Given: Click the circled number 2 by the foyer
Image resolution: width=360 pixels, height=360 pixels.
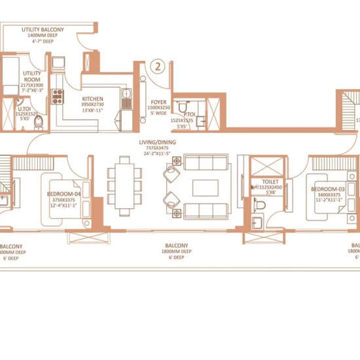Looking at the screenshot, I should [157, 66].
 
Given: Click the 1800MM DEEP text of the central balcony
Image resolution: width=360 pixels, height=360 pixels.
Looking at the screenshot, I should [177, 251].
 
